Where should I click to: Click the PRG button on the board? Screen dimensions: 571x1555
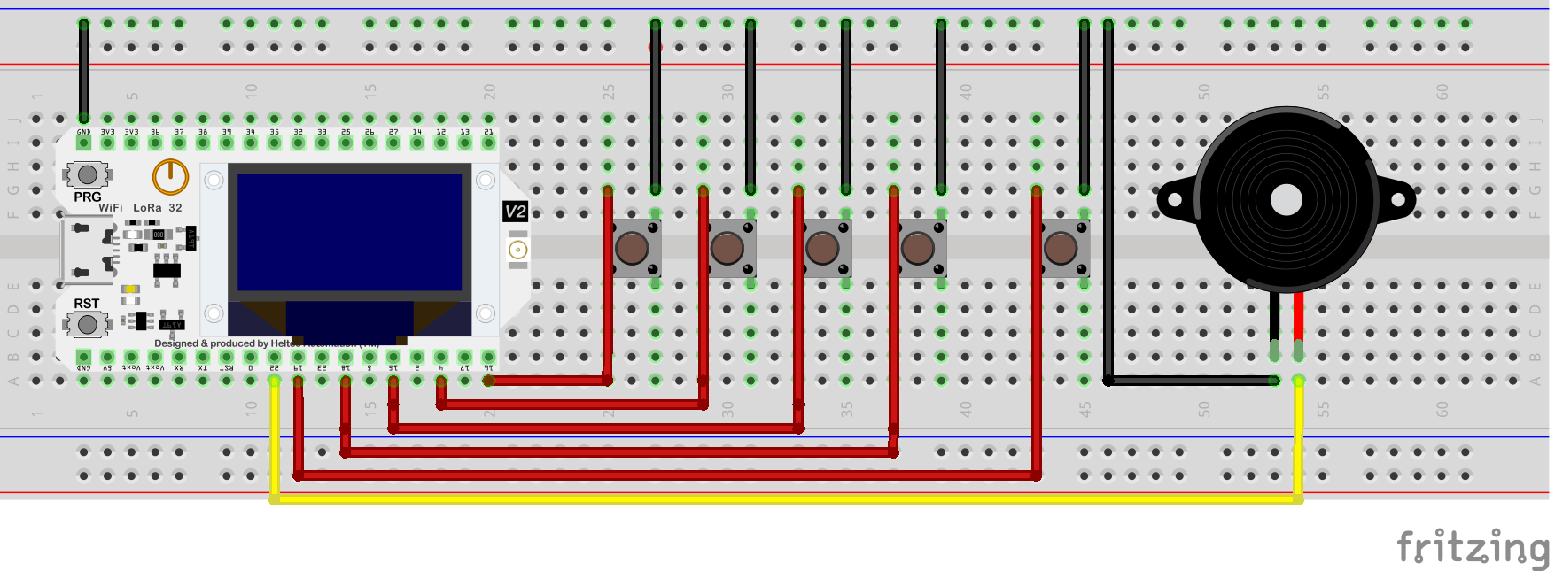[87, 174]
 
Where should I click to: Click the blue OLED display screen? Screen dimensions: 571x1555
[350, 231]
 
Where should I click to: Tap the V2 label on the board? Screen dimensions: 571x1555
[515, 212]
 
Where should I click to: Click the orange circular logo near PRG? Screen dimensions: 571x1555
[170, 177]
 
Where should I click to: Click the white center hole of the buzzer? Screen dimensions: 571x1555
[1286, 200]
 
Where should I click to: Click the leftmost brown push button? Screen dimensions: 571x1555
[632, 249]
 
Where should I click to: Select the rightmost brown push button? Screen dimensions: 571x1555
[1061, 249]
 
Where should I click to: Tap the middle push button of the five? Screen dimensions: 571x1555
[822, 249]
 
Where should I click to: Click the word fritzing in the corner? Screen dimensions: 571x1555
[1473, 548]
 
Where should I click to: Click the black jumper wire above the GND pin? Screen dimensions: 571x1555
[84, 71]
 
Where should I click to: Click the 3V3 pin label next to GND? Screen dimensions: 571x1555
[107, 132]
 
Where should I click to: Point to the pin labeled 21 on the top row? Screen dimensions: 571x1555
[488, 132]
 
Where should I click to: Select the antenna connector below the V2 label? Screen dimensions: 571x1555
[518, 250]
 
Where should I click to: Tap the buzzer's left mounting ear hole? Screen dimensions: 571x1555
[1174, 200]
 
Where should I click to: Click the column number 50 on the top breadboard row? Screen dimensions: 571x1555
[1203, 91]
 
